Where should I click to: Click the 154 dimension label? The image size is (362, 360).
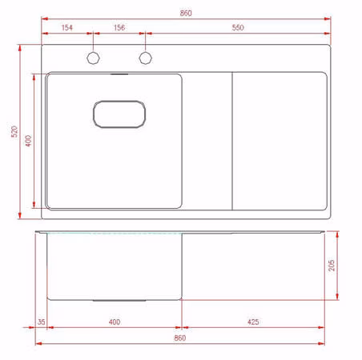(x=67, y=27)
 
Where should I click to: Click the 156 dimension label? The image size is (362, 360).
(x=119, y=27)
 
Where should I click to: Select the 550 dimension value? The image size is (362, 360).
(x=238, y=27)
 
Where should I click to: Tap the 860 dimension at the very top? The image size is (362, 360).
(x=186, y=13)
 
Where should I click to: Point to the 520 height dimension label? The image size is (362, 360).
(x=14, y=131)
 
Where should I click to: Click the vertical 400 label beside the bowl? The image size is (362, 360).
(x=28, y=141)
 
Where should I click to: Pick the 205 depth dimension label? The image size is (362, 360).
(x=332, y=266)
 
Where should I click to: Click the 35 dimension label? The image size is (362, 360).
(x=42, y=322)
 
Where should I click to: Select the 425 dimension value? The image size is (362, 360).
(x=253, y=322)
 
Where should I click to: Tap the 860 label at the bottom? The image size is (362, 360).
(x=180, y=338)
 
